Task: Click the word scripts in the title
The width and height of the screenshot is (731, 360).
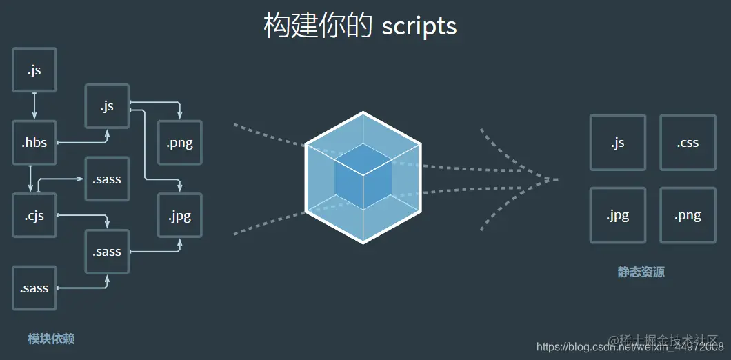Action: click(x=419, y=26)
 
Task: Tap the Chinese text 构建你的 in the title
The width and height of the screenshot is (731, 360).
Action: click(x=317, y=26)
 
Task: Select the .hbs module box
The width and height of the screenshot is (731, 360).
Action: click(x=34, y=143)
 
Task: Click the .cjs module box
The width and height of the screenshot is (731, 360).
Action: click(x=34, y=215)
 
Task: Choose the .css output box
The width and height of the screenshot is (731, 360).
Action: click(x=688, y=143)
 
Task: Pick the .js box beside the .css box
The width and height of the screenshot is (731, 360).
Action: click(x=617, y=143)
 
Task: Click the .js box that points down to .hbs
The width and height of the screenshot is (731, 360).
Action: click(x=34, y=70)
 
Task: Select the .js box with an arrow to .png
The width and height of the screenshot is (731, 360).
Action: click(x=107, y=106)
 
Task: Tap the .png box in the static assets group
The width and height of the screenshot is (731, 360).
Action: click(x=688, y=215)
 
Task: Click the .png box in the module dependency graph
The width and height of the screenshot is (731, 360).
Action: click(x=179, y=143)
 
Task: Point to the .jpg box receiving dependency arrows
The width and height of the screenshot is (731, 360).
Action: click(x=179, y=215)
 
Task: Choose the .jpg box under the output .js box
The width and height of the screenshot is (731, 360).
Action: click(x=617, y=215)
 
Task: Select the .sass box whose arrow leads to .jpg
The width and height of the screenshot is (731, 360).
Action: click(x=107, y=252)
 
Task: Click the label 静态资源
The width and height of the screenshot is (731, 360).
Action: click(x=641, y=272)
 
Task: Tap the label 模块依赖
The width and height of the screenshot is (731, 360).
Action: click(x=51, y=339)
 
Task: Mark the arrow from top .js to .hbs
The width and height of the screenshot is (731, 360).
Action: click(x=34, y=106)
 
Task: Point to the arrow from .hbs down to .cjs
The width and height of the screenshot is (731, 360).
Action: click(x=30, y=179)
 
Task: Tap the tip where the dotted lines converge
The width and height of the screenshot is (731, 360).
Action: click(x=556, y=179)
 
